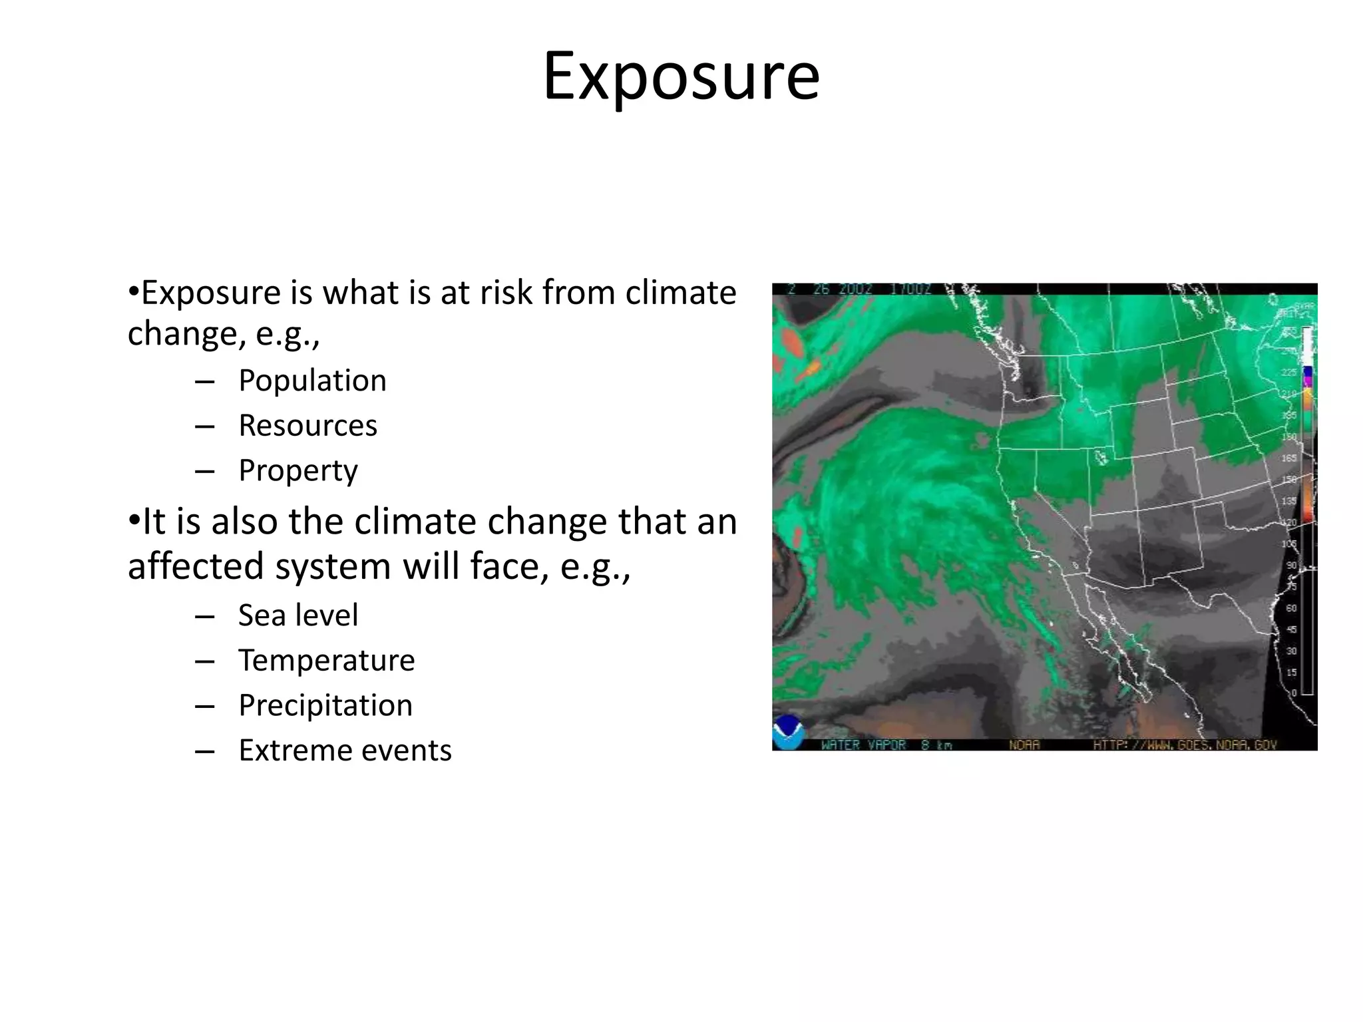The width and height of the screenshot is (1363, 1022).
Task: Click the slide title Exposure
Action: click(681, 77)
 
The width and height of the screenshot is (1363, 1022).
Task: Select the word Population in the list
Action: click(312, 381)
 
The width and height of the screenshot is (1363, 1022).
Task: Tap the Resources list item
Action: click(307, 426)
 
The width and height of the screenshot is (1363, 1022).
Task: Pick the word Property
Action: click(298, 471)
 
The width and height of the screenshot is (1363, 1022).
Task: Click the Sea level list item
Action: click(298, 615)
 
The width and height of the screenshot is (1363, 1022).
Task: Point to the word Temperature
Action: click(326, 661)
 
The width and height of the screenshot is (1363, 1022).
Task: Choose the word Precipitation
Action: click(325, 705)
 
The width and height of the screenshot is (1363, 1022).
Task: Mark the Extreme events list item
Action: click(345, 751)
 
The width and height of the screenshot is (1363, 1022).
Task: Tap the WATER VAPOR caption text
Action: click(863, 745)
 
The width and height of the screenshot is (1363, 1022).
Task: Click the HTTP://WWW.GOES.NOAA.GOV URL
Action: click(1184, 745)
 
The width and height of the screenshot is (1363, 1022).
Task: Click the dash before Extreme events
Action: click(204, 751)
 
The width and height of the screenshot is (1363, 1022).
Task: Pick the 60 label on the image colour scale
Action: click(1291, 608)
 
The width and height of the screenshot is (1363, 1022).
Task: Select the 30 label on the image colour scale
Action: click(1291, 651)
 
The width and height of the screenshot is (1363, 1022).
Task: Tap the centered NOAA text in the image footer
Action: click(1024, 745)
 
